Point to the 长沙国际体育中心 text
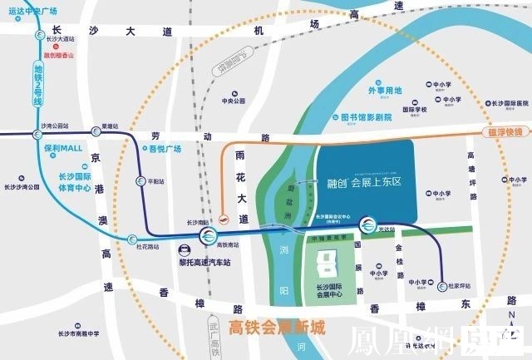pos(74,182)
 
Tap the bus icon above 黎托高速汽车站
pos(183,247)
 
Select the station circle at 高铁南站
pos(207,239)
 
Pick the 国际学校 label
pos(414,110)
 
